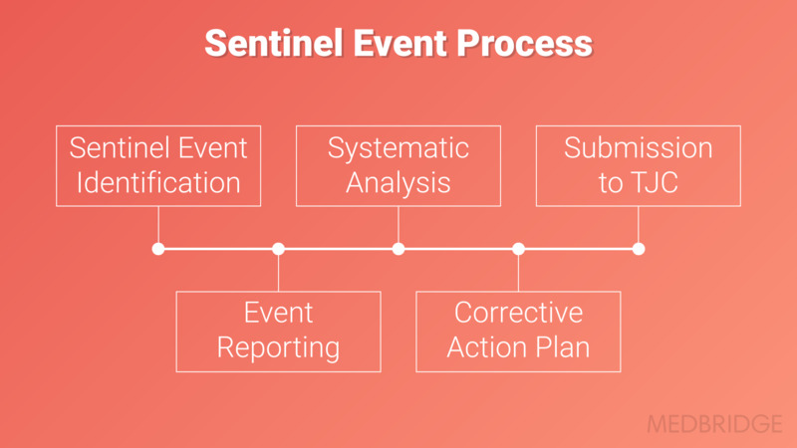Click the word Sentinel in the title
[273, 43]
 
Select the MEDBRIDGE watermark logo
[714, 424]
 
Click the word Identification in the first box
[158, 182]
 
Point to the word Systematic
[398, 149]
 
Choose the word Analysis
[398, 183]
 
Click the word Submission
[639, 147]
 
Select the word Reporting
[278, 348]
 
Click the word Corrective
[518, 313]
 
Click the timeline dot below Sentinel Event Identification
[158, 249]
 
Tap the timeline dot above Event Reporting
[278, 249]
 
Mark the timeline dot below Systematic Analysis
[398, 249]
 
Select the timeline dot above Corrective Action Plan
[518, 249]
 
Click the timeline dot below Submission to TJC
[639, 249]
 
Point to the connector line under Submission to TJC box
[639, 225]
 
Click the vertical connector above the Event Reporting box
[278, 273]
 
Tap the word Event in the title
[399, 43]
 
